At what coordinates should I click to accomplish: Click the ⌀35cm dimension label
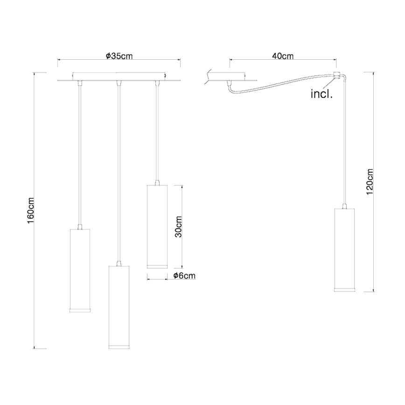point(119,56)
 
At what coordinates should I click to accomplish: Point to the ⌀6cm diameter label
point(184,276)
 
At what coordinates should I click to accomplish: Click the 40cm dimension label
point(282,56)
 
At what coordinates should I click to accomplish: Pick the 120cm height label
point(370,181)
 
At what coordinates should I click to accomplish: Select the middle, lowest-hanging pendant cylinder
point(119,307)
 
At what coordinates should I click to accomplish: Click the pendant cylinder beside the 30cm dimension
point(157,226)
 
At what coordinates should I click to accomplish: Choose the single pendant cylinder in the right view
point(345,250)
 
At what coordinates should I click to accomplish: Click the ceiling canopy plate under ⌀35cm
point(119,76)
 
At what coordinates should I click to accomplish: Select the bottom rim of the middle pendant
point(119,347)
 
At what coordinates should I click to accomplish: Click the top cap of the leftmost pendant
point(80,227)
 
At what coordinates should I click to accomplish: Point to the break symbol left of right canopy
point(205,77)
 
